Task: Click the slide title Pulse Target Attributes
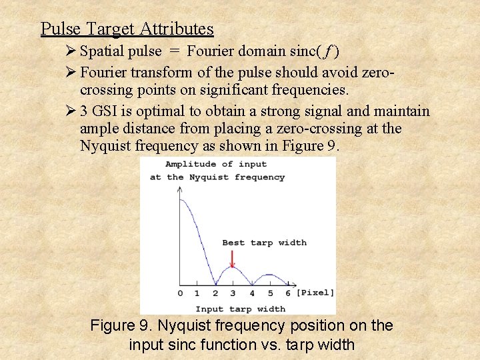click(x=127, y=29)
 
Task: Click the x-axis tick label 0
click(x=180, y=293)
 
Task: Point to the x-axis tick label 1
click(x=197, y=293)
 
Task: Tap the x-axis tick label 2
click(x=215, y=293)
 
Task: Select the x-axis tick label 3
click(x=233, y=293)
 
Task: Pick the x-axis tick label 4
click(x=251, y=293)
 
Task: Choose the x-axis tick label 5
click(x=270, y=293)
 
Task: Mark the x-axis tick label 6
click(x=288, y=293)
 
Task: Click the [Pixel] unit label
click(x=315, y=293)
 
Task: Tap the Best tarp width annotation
click(x=264, y=243)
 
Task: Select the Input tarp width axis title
click(x=240, y=309)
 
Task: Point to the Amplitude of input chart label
click(x=216, y=164)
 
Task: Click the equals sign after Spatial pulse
click(x=174, y=51)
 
